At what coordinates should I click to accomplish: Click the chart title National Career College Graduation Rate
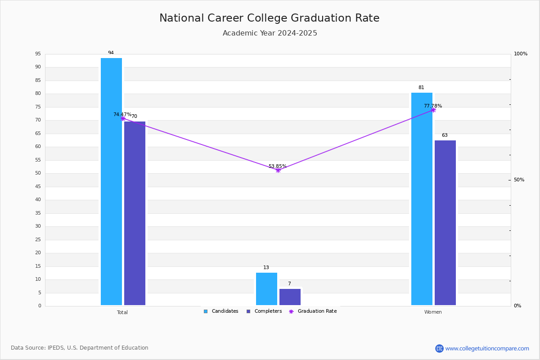269,18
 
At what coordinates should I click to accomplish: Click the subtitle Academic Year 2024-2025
270,33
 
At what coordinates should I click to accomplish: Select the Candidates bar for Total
111,181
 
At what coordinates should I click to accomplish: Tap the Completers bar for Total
135,213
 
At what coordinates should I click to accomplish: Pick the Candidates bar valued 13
266,289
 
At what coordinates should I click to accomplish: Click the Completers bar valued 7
290,297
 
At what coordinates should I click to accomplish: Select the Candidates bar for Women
422,199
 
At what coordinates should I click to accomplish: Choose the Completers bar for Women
445,223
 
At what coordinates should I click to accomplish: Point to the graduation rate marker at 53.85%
278,170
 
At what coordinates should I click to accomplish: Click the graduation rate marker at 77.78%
433,110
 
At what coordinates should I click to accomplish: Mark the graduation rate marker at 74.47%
123,118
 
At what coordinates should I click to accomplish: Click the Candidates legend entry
221,311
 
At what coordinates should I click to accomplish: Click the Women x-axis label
433,312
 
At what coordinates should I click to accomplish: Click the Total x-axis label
122,312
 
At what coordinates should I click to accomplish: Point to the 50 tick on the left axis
38,173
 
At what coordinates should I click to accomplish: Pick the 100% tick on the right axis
521,54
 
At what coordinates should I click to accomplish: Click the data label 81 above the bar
421,88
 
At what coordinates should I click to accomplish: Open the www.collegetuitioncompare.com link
487,348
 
